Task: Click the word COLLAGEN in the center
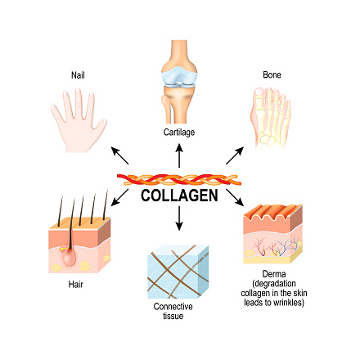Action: [179, 196]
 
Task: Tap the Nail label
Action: [78, 75]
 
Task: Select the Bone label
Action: [272, 74]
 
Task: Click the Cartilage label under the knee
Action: [179, 133]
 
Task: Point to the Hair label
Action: [75, 285]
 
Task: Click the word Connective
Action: [173, 306]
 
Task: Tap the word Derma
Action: [274, 274]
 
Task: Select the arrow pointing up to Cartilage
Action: [179, 155]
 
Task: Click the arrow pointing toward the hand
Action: [119, 155]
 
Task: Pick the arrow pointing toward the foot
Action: [235, 155]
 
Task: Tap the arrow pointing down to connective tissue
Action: [179, 218]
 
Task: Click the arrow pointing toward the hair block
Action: [119, 197]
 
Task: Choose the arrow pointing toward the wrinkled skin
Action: [235, 197]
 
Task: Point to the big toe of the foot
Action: [259, 100]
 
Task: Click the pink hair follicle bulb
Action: [69, 257]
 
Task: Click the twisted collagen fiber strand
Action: [179, 180]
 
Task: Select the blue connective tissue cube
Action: [178, 272]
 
